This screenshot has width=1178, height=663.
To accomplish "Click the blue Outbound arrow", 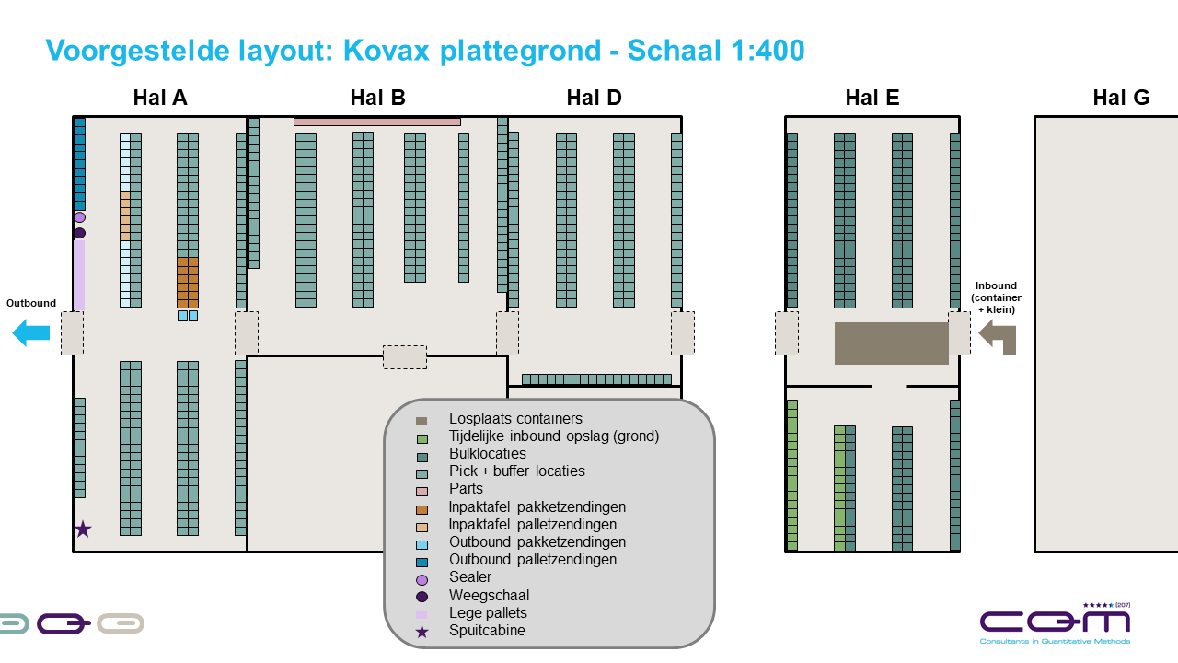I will tap(30, 333).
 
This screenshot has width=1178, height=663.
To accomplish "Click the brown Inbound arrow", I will tap(998, 334).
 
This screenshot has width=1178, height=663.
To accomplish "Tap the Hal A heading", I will tap(160, 98).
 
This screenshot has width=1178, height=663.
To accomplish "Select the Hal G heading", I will tap(1120, 98).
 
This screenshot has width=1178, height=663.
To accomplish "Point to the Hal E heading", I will tap(872, 98).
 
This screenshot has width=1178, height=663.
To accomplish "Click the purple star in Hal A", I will tap(83, 529).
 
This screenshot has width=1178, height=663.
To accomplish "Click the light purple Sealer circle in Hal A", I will tap(80, 217).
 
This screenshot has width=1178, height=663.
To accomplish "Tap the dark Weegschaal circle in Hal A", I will tap(80, 233).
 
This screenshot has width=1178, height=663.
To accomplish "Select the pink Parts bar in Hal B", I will tap(376, 122).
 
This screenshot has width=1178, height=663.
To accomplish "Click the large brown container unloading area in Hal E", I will tap(891, 343).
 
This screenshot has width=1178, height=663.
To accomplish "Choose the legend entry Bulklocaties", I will tap(487, 454).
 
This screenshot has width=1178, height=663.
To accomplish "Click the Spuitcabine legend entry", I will tap(487, 631).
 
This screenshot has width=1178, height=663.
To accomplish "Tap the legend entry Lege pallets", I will tap(488, 613).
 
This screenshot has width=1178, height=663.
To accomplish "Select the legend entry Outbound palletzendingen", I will tap(532, 560).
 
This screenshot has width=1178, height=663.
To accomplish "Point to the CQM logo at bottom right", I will tap(1055, 624).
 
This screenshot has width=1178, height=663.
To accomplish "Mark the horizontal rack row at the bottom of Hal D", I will tap(596, 379).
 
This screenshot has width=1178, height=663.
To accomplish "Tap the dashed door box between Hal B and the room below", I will tap(405, 357).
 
